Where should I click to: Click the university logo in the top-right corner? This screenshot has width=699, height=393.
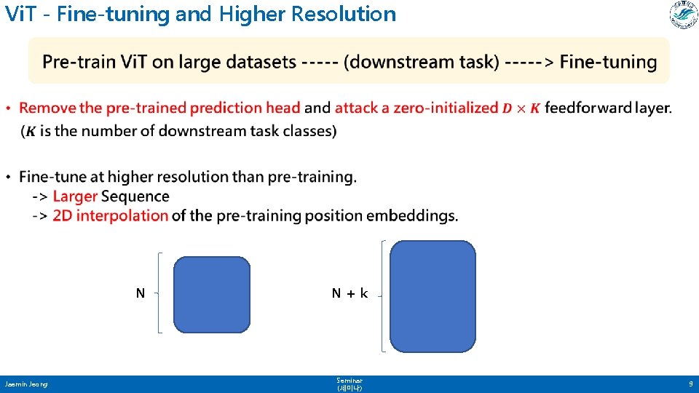point(683,15)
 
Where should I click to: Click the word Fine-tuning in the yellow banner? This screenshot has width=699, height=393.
point(608,62)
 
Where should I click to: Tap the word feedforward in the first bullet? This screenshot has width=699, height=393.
point(587,108)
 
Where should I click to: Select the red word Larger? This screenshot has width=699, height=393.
point(75,196)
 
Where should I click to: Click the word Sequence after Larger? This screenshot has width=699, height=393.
point(135,196)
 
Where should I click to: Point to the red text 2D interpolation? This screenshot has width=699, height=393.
point(110,215)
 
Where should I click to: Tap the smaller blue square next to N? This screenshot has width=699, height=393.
point(212,294)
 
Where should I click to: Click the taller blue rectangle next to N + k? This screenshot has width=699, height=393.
point(433,295)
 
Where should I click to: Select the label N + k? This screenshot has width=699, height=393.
point(349,293)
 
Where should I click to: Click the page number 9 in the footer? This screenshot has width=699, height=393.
point(690,384)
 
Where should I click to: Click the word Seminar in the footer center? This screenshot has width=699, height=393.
point(349,381)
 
